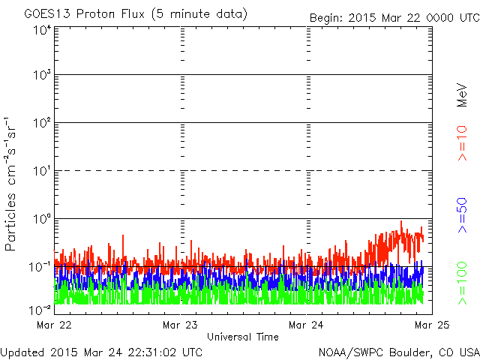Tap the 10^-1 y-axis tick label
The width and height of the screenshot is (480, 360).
40,267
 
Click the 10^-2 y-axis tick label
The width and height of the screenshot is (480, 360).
40,310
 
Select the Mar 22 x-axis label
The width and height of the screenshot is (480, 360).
54,325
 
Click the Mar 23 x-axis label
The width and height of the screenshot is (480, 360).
180,325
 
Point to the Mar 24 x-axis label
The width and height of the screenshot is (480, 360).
306,325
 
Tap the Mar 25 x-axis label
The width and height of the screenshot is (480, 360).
432,325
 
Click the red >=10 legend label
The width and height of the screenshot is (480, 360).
462,143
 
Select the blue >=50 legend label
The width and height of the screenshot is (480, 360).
462,215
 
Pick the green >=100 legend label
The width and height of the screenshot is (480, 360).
462,283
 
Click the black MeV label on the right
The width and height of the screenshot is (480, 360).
462,95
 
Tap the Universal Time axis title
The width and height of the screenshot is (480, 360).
243,337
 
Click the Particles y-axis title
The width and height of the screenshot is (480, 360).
10,222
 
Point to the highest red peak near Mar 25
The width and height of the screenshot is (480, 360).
401,221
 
